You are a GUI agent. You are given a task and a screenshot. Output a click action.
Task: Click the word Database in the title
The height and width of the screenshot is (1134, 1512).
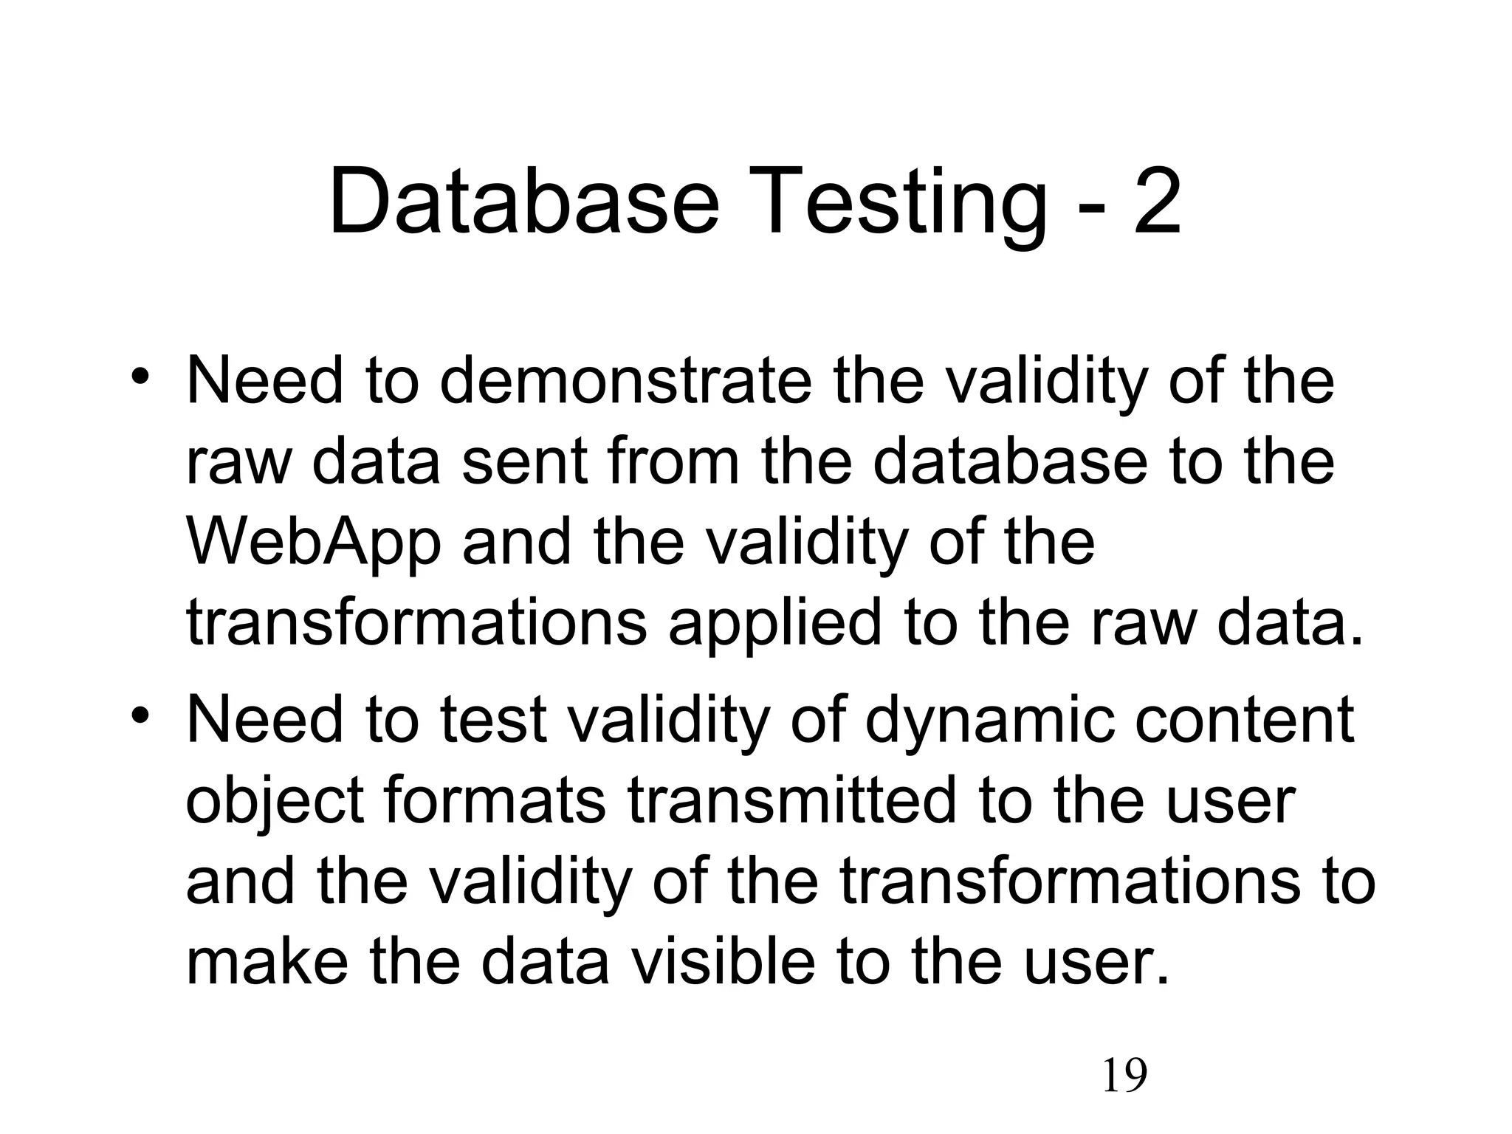click(523, 201)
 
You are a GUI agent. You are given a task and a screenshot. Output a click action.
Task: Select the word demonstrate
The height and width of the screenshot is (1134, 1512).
click(625, 382)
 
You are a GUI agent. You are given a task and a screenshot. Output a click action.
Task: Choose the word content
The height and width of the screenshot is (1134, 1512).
click(1245, 720)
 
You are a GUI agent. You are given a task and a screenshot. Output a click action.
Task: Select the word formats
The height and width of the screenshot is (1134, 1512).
click(495, 801)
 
